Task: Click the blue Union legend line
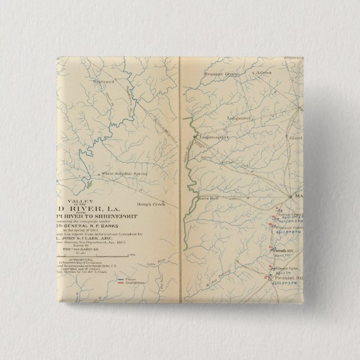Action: point(121,279)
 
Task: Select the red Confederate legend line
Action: point(121,283)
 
